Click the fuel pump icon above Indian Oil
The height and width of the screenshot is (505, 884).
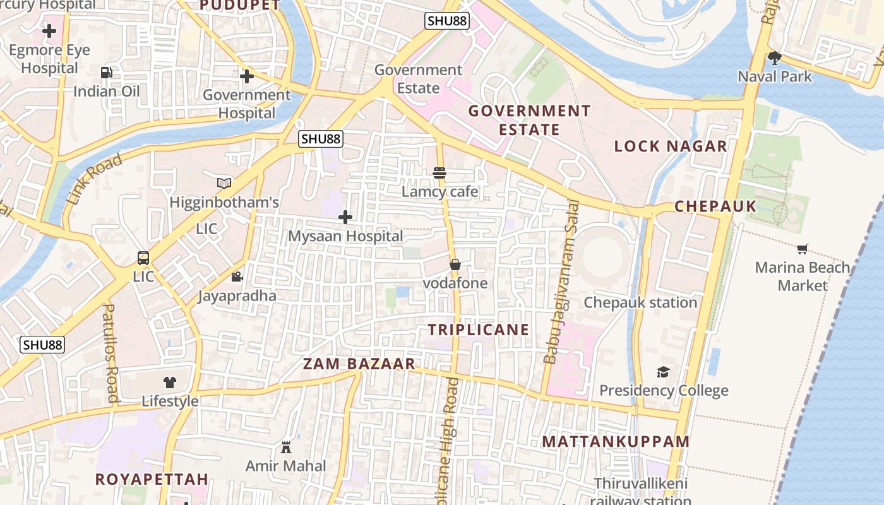[107, 73]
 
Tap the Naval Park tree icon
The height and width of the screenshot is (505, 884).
[775, 59]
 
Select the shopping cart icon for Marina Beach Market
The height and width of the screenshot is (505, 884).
[802, 249]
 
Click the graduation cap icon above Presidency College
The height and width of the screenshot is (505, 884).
[663, 372]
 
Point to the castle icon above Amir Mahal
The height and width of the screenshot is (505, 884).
[286, 448]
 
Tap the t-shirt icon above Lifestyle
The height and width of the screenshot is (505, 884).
[170, 382]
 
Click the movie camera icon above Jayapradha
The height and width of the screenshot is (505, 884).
[237, 276]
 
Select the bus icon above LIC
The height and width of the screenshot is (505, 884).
[143, 258]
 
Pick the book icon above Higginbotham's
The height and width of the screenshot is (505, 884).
[224, 183]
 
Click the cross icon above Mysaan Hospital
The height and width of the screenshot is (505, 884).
[345, 218]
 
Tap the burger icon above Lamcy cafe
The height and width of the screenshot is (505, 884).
[439, 172]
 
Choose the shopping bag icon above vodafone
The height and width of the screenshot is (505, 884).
[455, 264]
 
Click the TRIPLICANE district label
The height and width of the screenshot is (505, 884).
[478, 330]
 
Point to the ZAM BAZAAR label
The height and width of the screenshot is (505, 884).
[359, 364]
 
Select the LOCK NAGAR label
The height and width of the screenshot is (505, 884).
[671, 146]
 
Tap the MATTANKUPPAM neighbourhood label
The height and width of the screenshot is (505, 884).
[616, 441]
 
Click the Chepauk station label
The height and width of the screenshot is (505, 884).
[640, 302]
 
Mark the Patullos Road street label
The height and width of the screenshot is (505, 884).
[110, 352]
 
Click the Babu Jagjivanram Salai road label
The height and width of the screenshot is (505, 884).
[561, 282]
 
